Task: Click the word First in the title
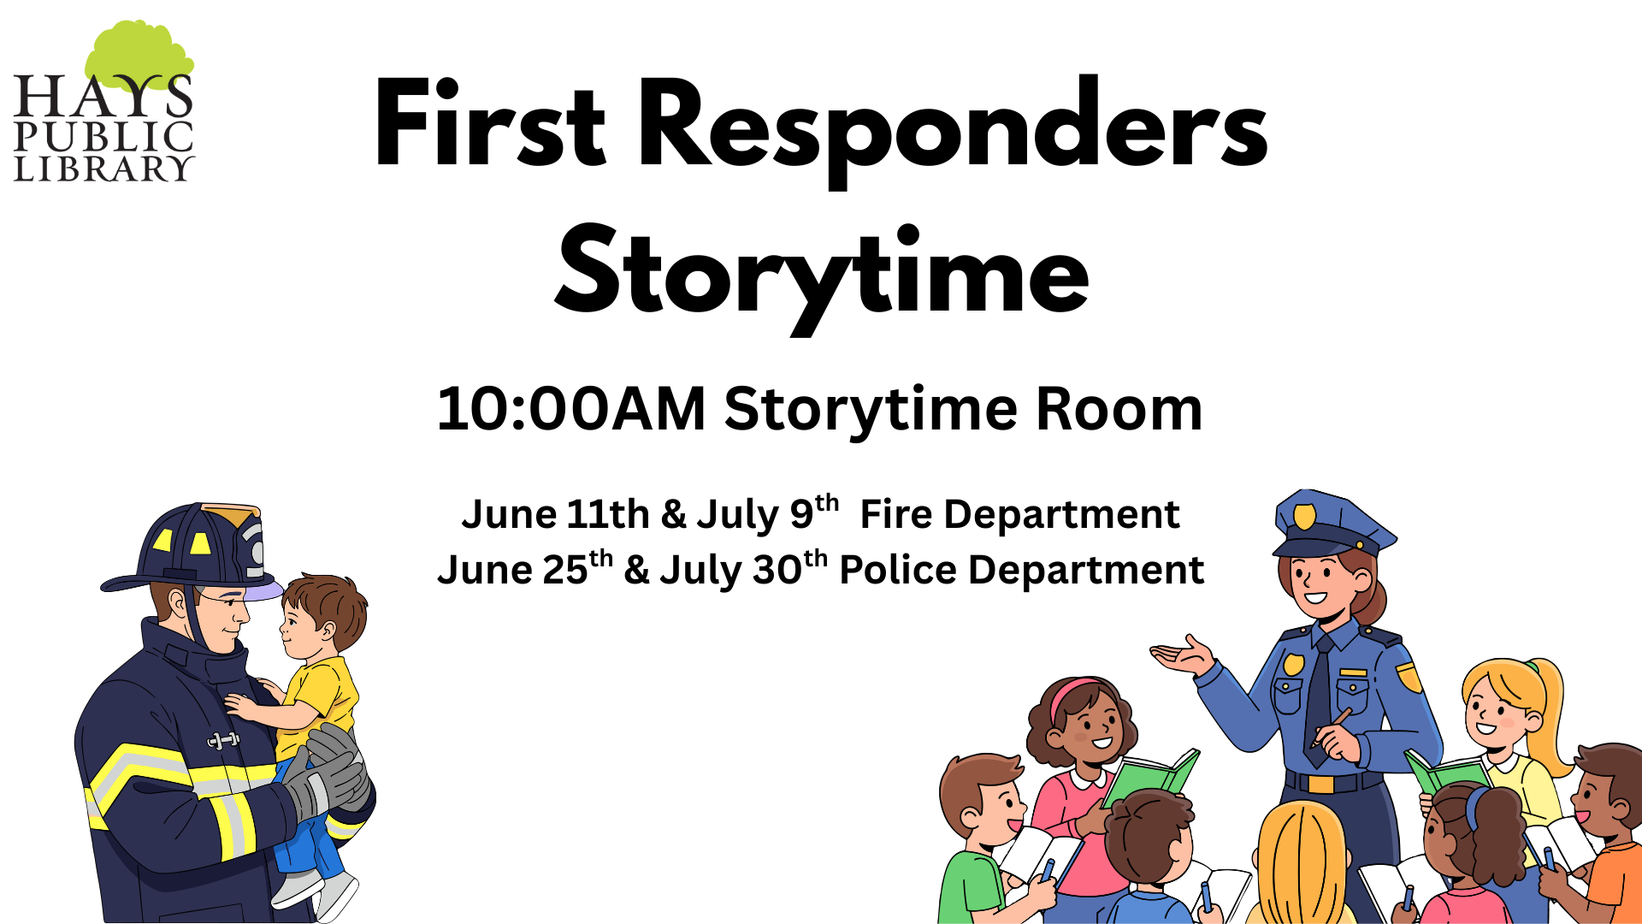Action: [490, 122]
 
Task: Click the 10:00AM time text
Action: [571, 409]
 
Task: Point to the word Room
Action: [1119, 409]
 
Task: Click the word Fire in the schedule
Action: [892, 514]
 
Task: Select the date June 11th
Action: [556, 514]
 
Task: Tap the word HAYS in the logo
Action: [103, 96]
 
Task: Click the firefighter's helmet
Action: [193, 548]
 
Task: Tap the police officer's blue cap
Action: [1331, 524]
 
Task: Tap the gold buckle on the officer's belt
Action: [1321, 783]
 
